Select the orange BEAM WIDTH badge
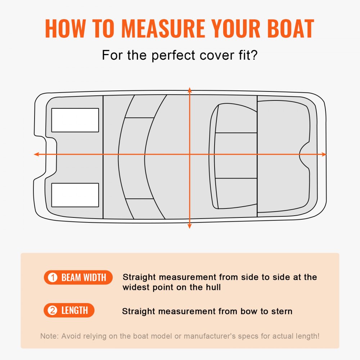click(x=78, y=278)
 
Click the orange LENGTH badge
click(x=69, y=310)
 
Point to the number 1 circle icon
click(x=53, y=278)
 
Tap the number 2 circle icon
click(x=53, y=310)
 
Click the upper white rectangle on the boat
click(x=75, y=120)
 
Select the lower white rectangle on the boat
click(x=75, y=195)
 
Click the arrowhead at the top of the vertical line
click(x=190, y=89)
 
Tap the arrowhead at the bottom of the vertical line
click(x=190, y=226)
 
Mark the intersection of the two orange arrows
click(x=190, y=154)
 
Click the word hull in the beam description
click(x=212, y=288)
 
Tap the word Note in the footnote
click(x=49, y=336)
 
